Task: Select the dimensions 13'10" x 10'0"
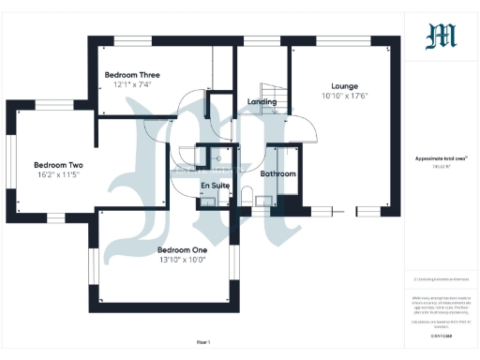click(x=182, y=260)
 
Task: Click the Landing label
click(x=262, y=101)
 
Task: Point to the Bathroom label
click(x=278, y=174)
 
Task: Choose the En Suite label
click(x=216, y=186)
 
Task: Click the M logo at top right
click(x=442, y=37)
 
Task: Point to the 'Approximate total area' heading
click(x=441, y=158)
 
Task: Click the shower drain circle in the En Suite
click(x=218, y=159)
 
